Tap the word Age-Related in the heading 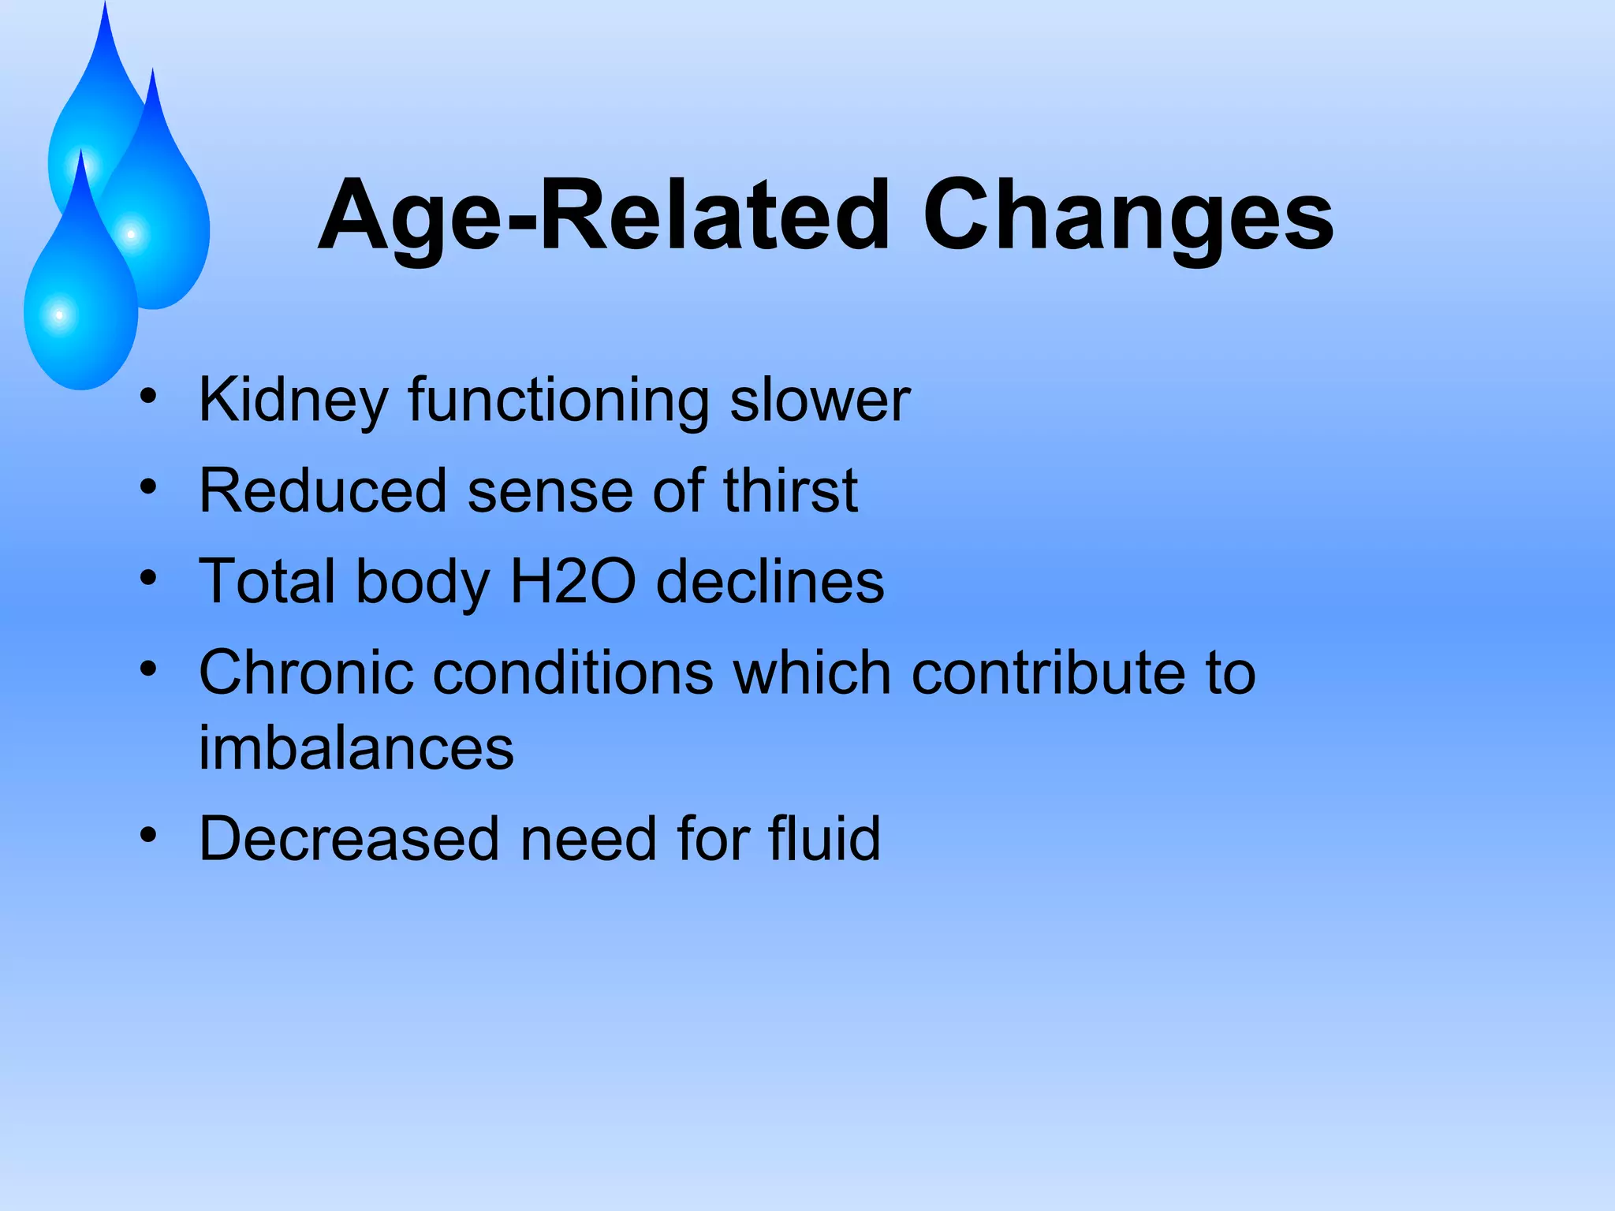(x=603, y=217)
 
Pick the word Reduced (x=323, y=491)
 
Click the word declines (x=770, y=582)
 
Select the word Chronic (x=306, y=673)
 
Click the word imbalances (x=356, y=747)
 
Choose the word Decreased (x=349, y=838)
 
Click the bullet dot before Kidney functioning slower (x=148, y=394)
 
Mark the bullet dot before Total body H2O (x=148, y=578)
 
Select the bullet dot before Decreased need (x=148, y=833)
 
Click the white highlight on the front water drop (x=59, y=315)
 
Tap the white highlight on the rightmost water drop (x=131, y=234)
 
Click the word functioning (x=558, y=401)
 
